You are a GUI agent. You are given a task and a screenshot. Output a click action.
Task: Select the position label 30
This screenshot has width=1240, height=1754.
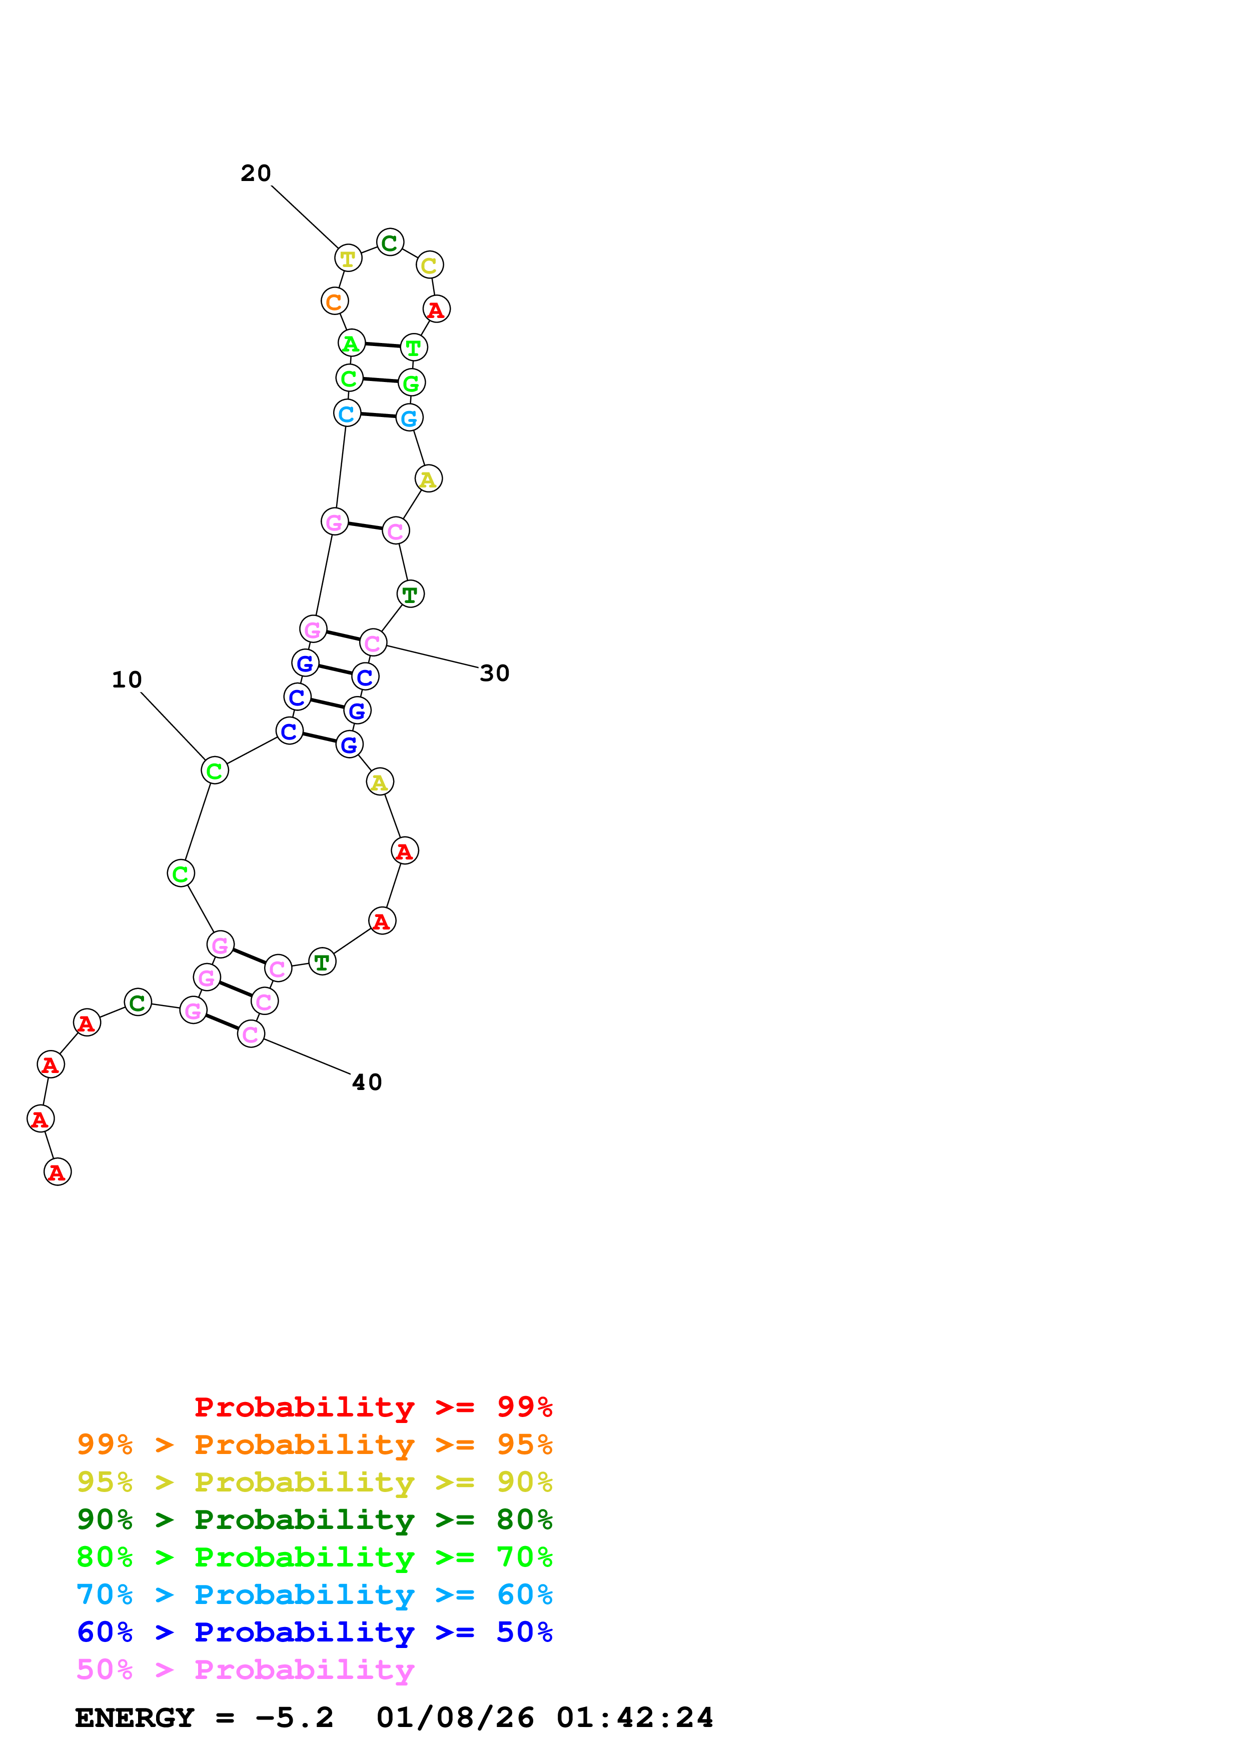(x=494, y=673)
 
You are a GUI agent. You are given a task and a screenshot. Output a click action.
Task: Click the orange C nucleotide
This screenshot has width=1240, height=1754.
(x=334, y=302)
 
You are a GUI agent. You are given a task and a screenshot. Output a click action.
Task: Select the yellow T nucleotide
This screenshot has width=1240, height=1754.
(x=348, y=259)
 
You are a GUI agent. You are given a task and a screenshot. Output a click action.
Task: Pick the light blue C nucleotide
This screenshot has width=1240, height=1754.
(x=347, y=413)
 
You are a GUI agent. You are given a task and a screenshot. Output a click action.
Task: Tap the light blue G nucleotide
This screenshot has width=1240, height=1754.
(x=410, y=418)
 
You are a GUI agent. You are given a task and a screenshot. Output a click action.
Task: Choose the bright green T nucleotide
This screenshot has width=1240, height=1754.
(x=413, y=347)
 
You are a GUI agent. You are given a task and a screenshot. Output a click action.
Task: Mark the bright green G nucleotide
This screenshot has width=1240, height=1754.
(x=411, y=382)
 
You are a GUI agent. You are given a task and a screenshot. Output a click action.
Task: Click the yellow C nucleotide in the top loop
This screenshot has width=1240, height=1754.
(x=429, y=265)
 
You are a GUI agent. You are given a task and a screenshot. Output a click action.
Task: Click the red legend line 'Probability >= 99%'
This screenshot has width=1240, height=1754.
(x=373, y=1406)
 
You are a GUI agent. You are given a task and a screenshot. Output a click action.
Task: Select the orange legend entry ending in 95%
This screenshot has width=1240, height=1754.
(x=314, y=1444)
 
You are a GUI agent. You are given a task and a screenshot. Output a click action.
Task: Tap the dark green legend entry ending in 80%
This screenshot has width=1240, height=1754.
(x=314, y=1519)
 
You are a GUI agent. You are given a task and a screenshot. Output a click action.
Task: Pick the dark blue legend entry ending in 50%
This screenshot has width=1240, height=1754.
(x=314, y=1632)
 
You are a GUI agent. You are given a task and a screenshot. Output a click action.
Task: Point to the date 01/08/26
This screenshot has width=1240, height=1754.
(x=455, y=1717)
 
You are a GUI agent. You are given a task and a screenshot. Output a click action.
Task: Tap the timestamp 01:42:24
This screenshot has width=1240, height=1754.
(x=634, y=1717)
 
